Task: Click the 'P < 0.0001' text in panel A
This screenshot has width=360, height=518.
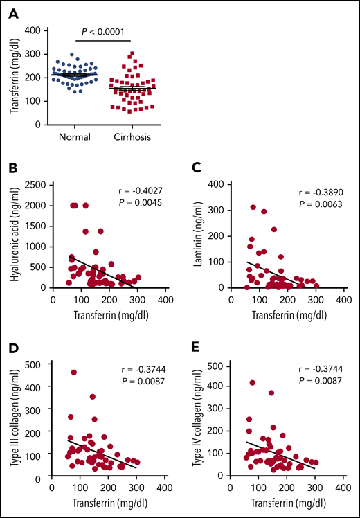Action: [x=102, y=30]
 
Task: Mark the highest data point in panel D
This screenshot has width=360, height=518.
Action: [x=73, y=373]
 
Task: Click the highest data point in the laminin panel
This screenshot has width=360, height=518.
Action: [x=253, y=207]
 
